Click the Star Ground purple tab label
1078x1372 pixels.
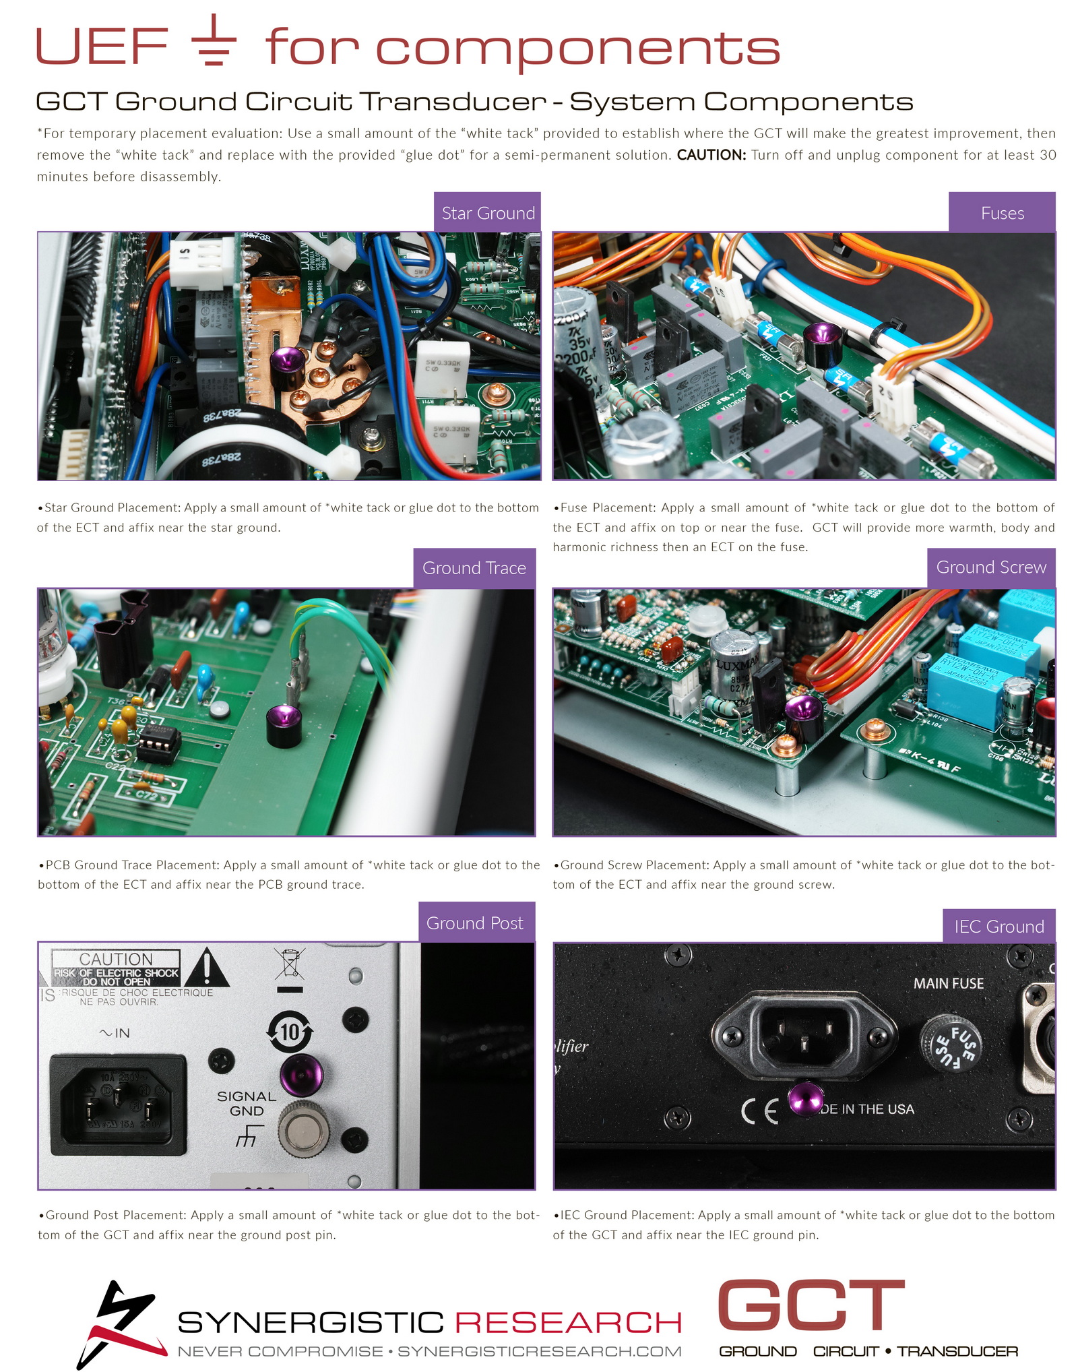[x=488, y=212]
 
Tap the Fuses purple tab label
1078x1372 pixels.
[x=1002, y=212]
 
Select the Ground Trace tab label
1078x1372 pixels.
[x=474, y=568]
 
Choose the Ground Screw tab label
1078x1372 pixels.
[x=991, y=567]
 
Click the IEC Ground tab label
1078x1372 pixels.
[x=999, y=926]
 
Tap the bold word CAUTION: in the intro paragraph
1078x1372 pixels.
[x=711, y=155]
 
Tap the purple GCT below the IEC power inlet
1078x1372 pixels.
[x=805, y=1098]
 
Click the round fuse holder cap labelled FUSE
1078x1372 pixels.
[x=951, y=1044]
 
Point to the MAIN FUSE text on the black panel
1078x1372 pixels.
[x=948, y=983]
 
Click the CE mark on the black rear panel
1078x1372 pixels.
[x=759, y=1111]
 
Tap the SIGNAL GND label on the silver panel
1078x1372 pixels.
[x=247, y=1104]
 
